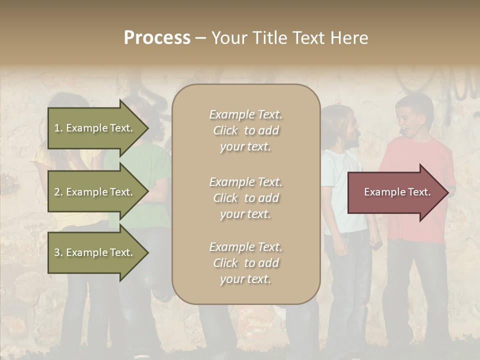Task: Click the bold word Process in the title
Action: (157, 38)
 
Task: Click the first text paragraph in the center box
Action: (245, 130)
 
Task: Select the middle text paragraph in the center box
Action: (245, 198)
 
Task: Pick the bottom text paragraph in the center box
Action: (245, 263)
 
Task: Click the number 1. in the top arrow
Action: (58, 128)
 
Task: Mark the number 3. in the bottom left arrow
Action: (58, 252)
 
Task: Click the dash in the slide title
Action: (200, 38)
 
